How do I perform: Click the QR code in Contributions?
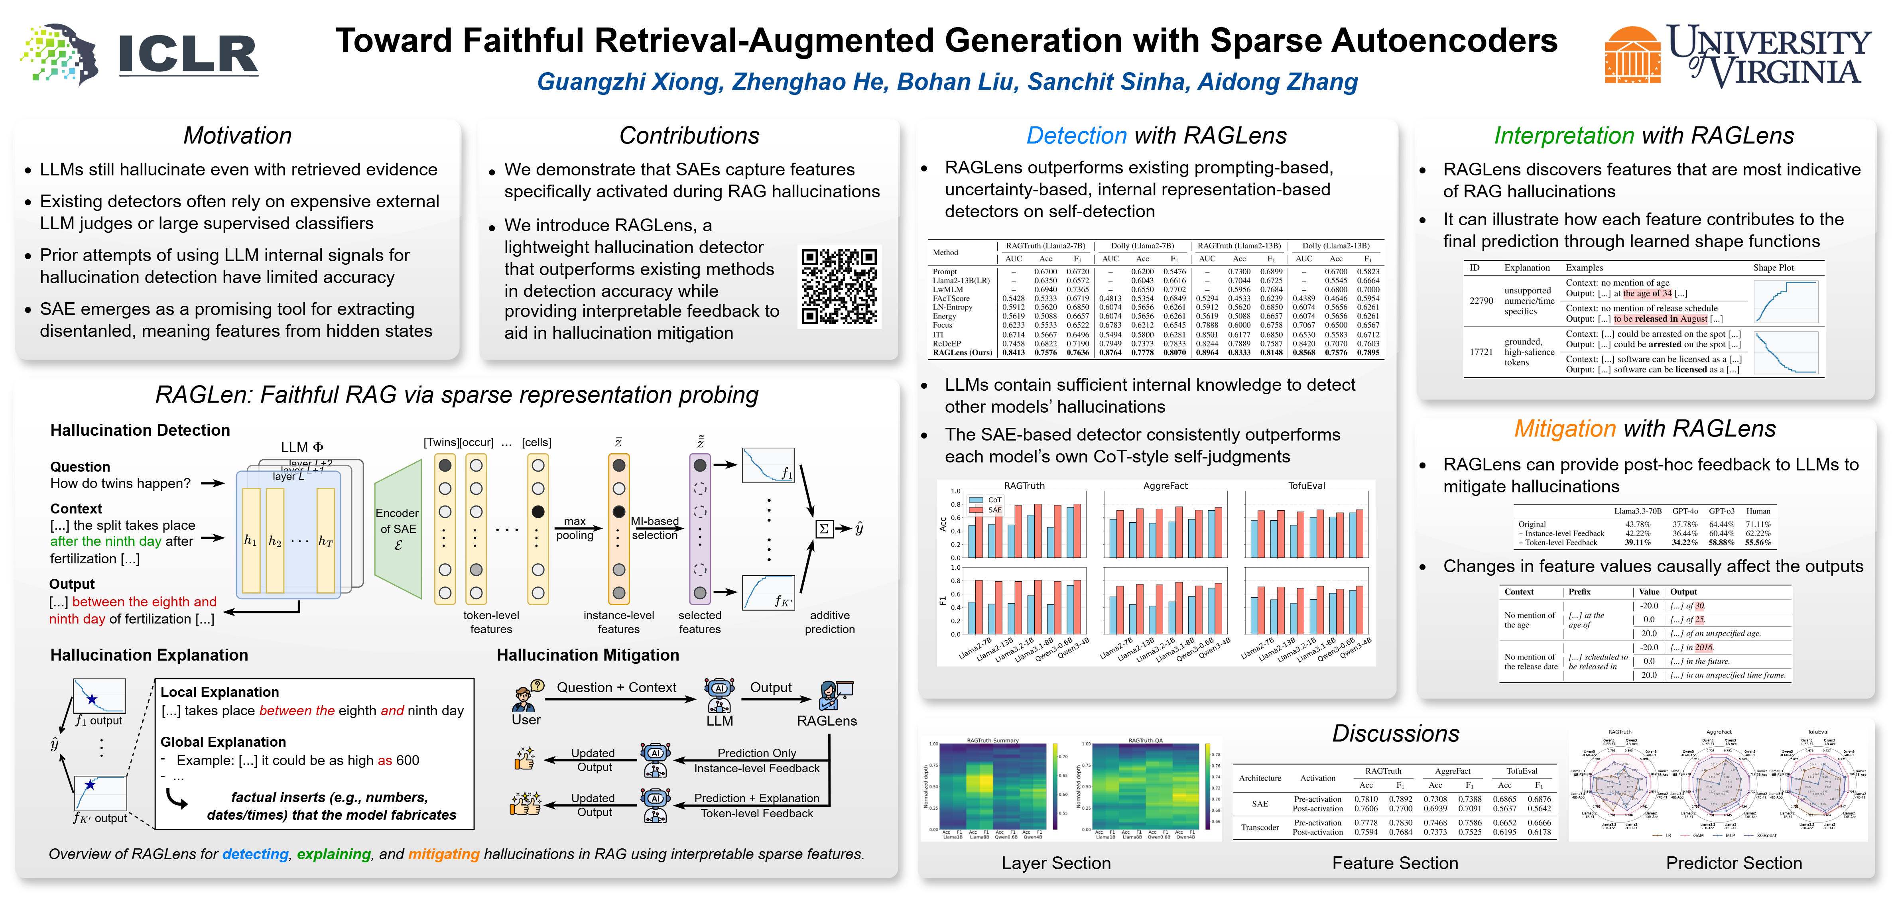839,286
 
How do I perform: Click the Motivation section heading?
237,136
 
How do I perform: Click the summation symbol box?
824,528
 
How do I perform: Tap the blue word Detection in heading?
1076,136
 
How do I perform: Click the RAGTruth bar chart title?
1024,486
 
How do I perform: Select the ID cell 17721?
1481,352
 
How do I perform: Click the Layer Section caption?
1055,863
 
